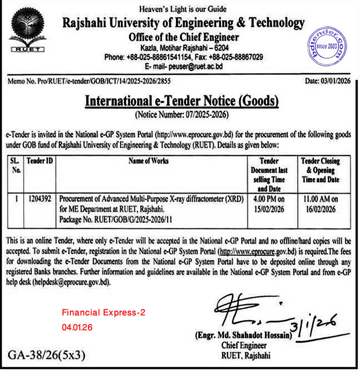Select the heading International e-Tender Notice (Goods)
pyautogui.click(x=182, y=102)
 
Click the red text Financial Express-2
pyautogui.click(x=104, y=313)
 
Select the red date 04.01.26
pyautogui.click(x=77, y=327)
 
